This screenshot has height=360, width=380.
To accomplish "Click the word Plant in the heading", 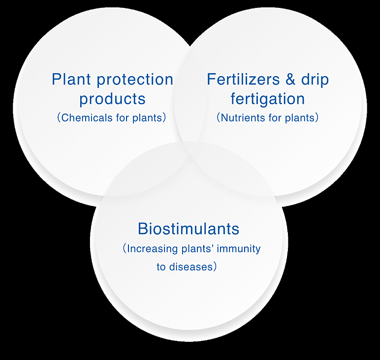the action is pyautogui.click(x=71, y=79).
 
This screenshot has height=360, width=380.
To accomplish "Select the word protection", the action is pyautogui.click(x=135, y=80).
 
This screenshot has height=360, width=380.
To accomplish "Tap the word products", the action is pyautogui.click(x=112, y=99).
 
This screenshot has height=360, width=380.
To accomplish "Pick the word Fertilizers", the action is pyautogui.click(x=243, y=79).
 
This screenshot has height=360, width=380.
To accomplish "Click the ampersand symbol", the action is pyautogui.click(x=290, y=79).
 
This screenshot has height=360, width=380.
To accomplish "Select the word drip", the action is pyautogui.click(x=315, y=80).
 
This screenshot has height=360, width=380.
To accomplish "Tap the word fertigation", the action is pyautogui.click(x=268, y=99).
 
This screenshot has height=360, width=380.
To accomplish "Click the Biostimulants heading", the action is pyautogui.click(x=189, y=229).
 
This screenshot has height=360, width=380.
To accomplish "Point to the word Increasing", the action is pyautogui.click(x=153, y=249).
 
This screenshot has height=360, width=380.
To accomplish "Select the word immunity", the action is pyautogui.click(x=238, y=249).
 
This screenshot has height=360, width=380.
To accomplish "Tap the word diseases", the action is pyautogui.click(x=190, y=267).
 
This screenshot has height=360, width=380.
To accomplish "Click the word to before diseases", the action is pyautogui.click(x=161, y=267).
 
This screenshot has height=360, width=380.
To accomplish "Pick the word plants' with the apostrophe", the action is pyautogui.click(x=197, y=249).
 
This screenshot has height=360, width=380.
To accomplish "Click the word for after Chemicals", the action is pyautogui.click(x=123, y=118).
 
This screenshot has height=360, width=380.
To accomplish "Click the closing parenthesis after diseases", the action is pyautogui.click(x=214, y=267).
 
